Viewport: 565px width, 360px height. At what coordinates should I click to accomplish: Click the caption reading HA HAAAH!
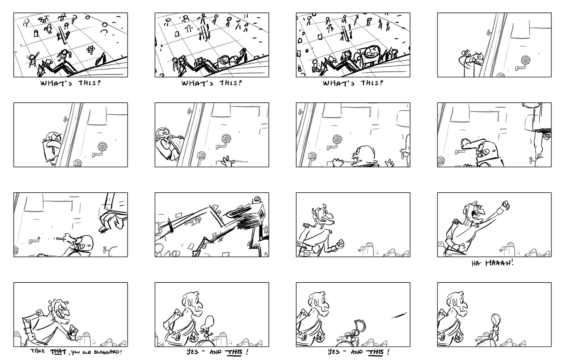pyautogui.click(x=492, y=263)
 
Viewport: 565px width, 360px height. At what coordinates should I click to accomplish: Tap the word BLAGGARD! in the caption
pyautogui.click(x=108, y=352)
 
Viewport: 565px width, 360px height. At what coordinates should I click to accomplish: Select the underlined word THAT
pyautogui.click(x=58, y=352)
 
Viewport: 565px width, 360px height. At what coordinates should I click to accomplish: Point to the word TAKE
pyautogui.click(x=37, y=351)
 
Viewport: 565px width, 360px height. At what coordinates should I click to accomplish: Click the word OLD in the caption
pyautogui.click(x=87, y=352)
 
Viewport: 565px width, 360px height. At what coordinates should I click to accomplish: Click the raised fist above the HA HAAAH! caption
pyautogui.click(x=506, y=205)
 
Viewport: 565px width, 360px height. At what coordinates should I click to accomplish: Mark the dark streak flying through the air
pyautogui.click(x=399, y=315)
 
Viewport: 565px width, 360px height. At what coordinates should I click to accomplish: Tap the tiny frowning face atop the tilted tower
pyautogui.click(x=257, y=199)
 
